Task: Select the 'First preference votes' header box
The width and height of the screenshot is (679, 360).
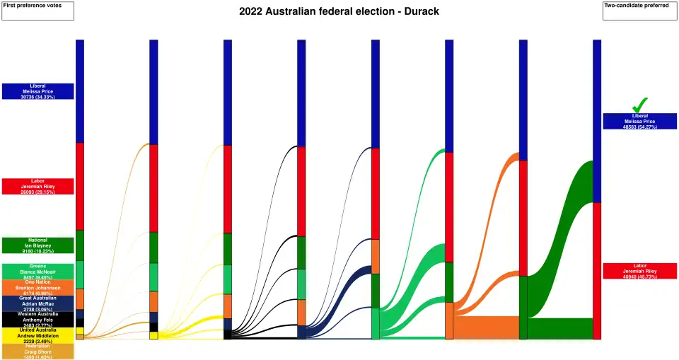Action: (x=37, y=11)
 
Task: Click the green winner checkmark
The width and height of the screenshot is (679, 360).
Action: (x=640, y=105)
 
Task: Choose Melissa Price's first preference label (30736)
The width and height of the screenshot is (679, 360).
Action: (x=37, y=91)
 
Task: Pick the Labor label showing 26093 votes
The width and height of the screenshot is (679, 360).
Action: (x=37, y=186)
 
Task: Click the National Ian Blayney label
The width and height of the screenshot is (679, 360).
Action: (x=37, y=245)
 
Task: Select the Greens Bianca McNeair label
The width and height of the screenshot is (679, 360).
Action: (x=37, y=271)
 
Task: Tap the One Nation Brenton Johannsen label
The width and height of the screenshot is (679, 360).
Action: (x=37, y=287)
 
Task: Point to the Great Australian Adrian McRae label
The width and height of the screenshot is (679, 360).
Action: (x=37, y=303)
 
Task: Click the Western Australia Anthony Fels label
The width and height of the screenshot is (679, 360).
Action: (x=37, y=319)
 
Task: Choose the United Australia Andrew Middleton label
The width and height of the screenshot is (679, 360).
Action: (x=37, y=335)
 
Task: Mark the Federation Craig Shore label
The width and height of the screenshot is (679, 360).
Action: (x=37, y=351)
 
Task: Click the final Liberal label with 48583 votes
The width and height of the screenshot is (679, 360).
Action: (x=639, y=121)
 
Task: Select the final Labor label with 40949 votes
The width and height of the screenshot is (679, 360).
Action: (x=639, y=270)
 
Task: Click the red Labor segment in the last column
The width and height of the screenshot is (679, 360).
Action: (x=597, y=270)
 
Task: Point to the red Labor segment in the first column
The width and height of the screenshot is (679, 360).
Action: (x=80, y=186)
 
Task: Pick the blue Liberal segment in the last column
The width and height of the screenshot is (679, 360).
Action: (x=597, y=120)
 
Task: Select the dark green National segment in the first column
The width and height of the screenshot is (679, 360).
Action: (x=80, y=245)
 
